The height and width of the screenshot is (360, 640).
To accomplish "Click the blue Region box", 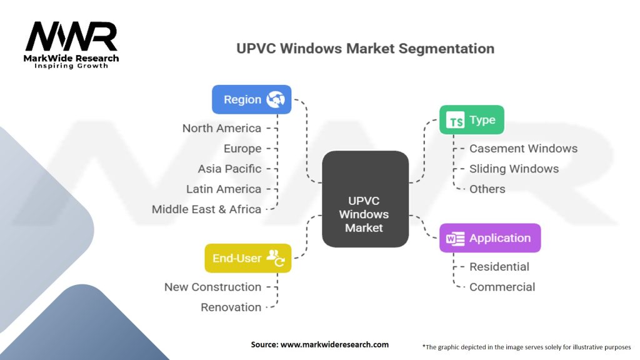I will point(251,99).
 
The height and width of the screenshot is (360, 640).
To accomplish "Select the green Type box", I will point(471,120).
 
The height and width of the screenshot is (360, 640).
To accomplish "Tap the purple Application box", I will point(489,238).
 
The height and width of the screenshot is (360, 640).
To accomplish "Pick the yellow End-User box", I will point(247,257).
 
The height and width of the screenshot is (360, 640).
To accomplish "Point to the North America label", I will point(222,128).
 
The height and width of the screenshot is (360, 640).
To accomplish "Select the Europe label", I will point(242,149).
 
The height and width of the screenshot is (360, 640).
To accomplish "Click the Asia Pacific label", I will point(229,169).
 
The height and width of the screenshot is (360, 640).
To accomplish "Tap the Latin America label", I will point(224,189).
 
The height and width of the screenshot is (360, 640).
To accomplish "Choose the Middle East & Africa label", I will point(206,209).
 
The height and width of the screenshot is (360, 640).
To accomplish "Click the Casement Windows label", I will point(523,149).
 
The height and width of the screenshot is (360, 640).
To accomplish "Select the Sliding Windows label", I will point(514,169).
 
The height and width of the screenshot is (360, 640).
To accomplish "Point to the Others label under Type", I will point(487,189).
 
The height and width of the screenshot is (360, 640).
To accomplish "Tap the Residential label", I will point(499,267).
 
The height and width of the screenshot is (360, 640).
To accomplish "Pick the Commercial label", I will point(502,287).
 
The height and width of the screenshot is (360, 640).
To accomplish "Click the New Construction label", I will point(212,287).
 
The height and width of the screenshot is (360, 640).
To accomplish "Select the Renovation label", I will point(231,307).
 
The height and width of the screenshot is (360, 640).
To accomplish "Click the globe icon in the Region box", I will point(275,99).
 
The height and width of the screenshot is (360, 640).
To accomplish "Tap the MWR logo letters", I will point(71,37).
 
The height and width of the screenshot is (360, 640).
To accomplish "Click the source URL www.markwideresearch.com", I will point(335,344).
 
